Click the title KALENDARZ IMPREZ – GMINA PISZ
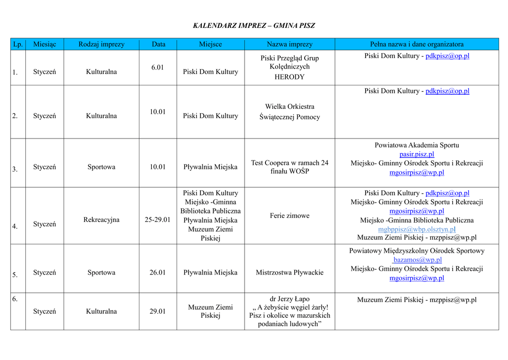pos(254,26)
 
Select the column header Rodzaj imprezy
pos(101,44)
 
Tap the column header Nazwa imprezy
pos(289,44)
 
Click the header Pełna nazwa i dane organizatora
pos(417,44)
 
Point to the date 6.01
pos(158,68)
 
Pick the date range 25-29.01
pos(158,219)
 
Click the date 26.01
pos(158,272)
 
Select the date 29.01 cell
pos(158,311)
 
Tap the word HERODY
pos(289,77)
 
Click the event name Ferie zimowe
pos(289,216)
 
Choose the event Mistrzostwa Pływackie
pos(289,272)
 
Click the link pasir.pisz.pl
pos(417,154)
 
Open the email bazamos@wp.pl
pos(417,260)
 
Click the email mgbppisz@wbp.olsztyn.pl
pos(417,229)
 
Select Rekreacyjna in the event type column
pos(101,219)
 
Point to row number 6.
pos(15,299)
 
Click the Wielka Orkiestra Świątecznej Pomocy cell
pos(289,112)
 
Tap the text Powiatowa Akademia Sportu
pos(417,145)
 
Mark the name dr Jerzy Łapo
pos(289,299)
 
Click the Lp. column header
pos(18,44)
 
